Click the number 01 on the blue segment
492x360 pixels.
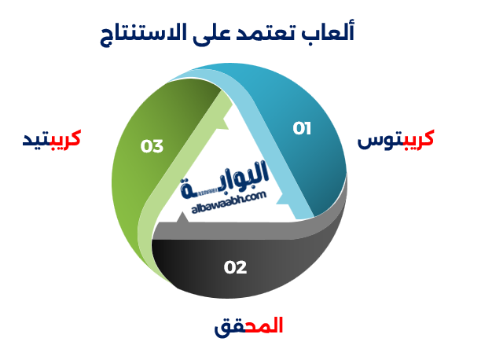302,128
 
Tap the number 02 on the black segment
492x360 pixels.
235,267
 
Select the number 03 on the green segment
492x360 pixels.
152,146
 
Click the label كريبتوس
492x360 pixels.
395,139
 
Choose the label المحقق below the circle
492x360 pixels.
248,325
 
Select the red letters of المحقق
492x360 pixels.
265,325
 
